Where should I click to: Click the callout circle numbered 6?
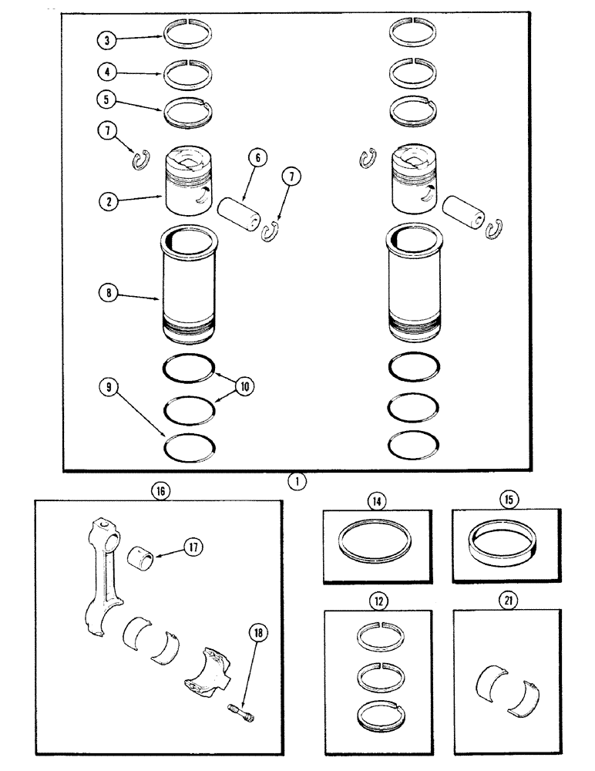point(257,158)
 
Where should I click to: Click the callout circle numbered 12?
point(377,600)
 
